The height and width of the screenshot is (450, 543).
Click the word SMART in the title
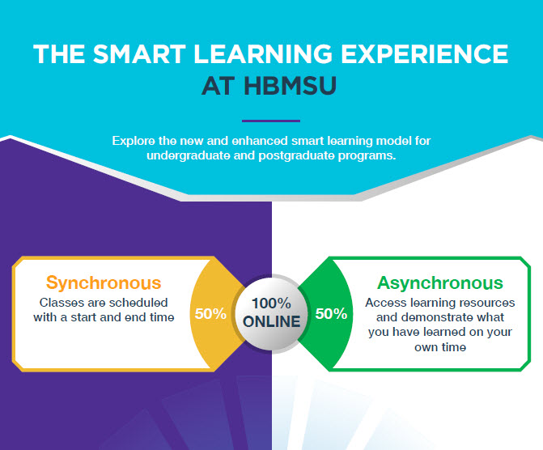[139, 54]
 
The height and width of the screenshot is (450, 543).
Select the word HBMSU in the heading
[290, 86]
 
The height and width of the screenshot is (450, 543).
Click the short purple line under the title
[271, 121]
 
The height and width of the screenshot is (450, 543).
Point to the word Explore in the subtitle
[134, 142]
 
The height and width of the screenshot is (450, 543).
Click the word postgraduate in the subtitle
[296, 155]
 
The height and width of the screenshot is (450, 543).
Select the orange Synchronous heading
[104, 283]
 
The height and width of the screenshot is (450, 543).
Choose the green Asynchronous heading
[439, 282]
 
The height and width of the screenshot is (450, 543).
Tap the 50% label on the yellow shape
[210, 314]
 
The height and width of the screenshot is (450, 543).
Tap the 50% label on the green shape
[331, 314]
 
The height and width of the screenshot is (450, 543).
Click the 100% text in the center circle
[271, 304]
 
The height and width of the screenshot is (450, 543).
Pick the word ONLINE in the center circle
[272, 321]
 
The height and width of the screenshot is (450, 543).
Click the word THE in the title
[59, 54]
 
